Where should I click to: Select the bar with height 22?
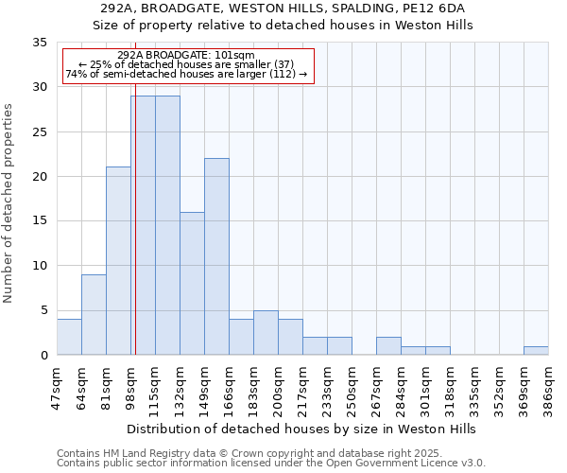pos(216,256)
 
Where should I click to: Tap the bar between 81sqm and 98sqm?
pos(118,261)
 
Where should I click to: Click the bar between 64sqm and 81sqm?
pos(94,314)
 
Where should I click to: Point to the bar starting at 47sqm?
pos(69,337)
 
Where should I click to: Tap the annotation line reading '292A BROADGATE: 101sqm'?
pos(188,56)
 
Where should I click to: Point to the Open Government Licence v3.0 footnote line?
pos(271,463)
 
